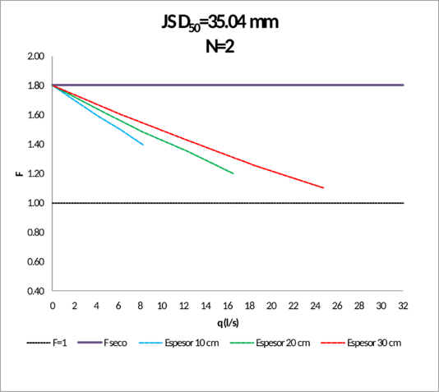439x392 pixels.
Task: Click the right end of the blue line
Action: [x=144, y=145]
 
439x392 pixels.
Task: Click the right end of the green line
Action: [x=234, y=173]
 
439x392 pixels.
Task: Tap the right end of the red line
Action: [x=325, y=188]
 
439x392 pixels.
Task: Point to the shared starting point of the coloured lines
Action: [x=53, y=85]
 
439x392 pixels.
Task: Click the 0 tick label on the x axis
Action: [x=53, y=304]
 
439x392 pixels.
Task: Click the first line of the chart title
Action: [x=220, y=22]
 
